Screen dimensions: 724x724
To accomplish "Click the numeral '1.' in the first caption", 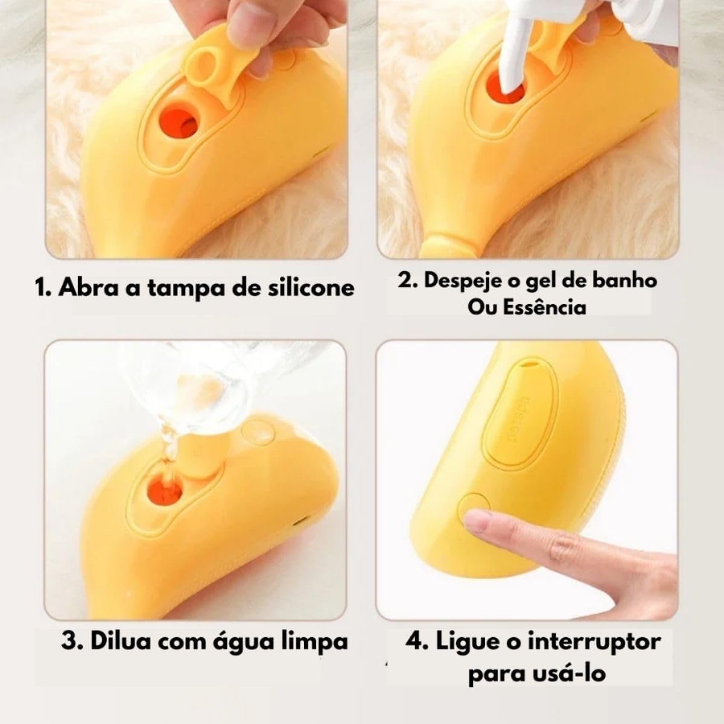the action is pos(43,288).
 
